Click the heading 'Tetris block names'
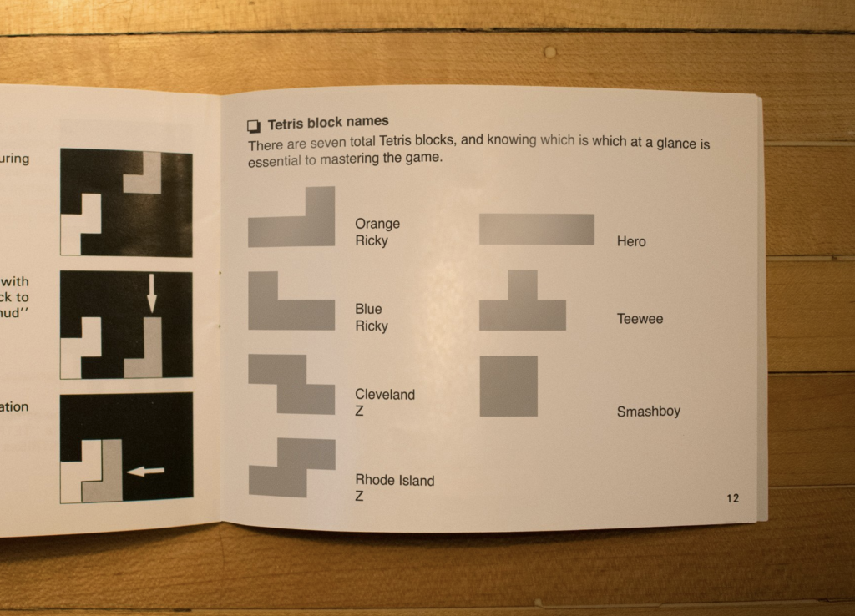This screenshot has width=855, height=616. [328, 124]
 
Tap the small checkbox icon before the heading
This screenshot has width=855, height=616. [254, 126]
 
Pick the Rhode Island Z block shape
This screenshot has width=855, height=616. [292, 467]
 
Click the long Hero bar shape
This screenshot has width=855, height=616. [536, 230]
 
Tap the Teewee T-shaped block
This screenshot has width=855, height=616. [523, 309]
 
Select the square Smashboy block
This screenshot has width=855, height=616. [508, 386]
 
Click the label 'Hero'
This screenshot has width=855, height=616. [631, 242]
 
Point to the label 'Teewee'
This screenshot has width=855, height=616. [640, 319]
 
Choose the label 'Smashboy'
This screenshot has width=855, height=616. [648, 412]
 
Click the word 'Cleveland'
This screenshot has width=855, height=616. [384, 395]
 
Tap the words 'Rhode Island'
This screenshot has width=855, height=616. [395, 481]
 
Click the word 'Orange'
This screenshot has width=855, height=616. [377, 224]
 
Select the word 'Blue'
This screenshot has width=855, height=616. [368, 310]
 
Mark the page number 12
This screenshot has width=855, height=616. [732, 499]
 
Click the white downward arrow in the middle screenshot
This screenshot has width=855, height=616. [151, 293]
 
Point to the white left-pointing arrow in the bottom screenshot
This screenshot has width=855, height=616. [145, 472]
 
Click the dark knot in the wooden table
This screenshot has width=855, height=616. [549, 52]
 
